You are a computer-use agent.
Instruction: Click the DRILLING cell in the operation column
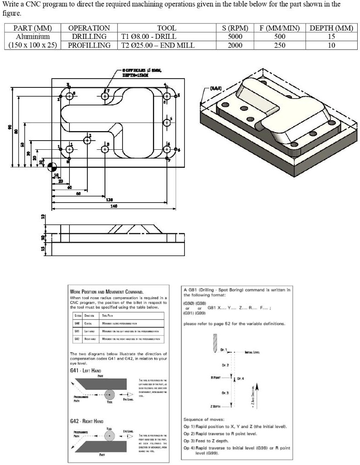(x=89, y=37)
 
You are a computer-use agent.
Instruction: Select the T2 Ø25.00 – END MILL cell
(x=158, y=45)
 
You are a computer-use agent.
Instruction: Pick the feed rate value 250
(x=280, y=45)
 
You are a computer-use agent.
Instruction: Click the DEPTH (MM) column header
(x=331, y=28)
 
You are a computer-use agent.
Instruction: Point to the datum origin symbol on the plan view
(x=51, y=166)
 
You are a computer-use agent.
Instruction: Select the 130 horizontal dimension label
(x=109, y=200)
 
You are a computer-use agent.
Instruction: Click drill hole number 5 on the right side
(x=167, y=122)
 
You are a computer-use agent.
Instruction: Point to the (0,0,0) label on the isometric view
(x=217, y=88)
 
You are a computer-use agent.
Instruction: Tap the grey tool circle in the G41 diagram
(x=110, y=395)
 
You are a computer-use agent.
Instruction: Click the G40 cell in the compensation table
(x=77, y=323)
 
